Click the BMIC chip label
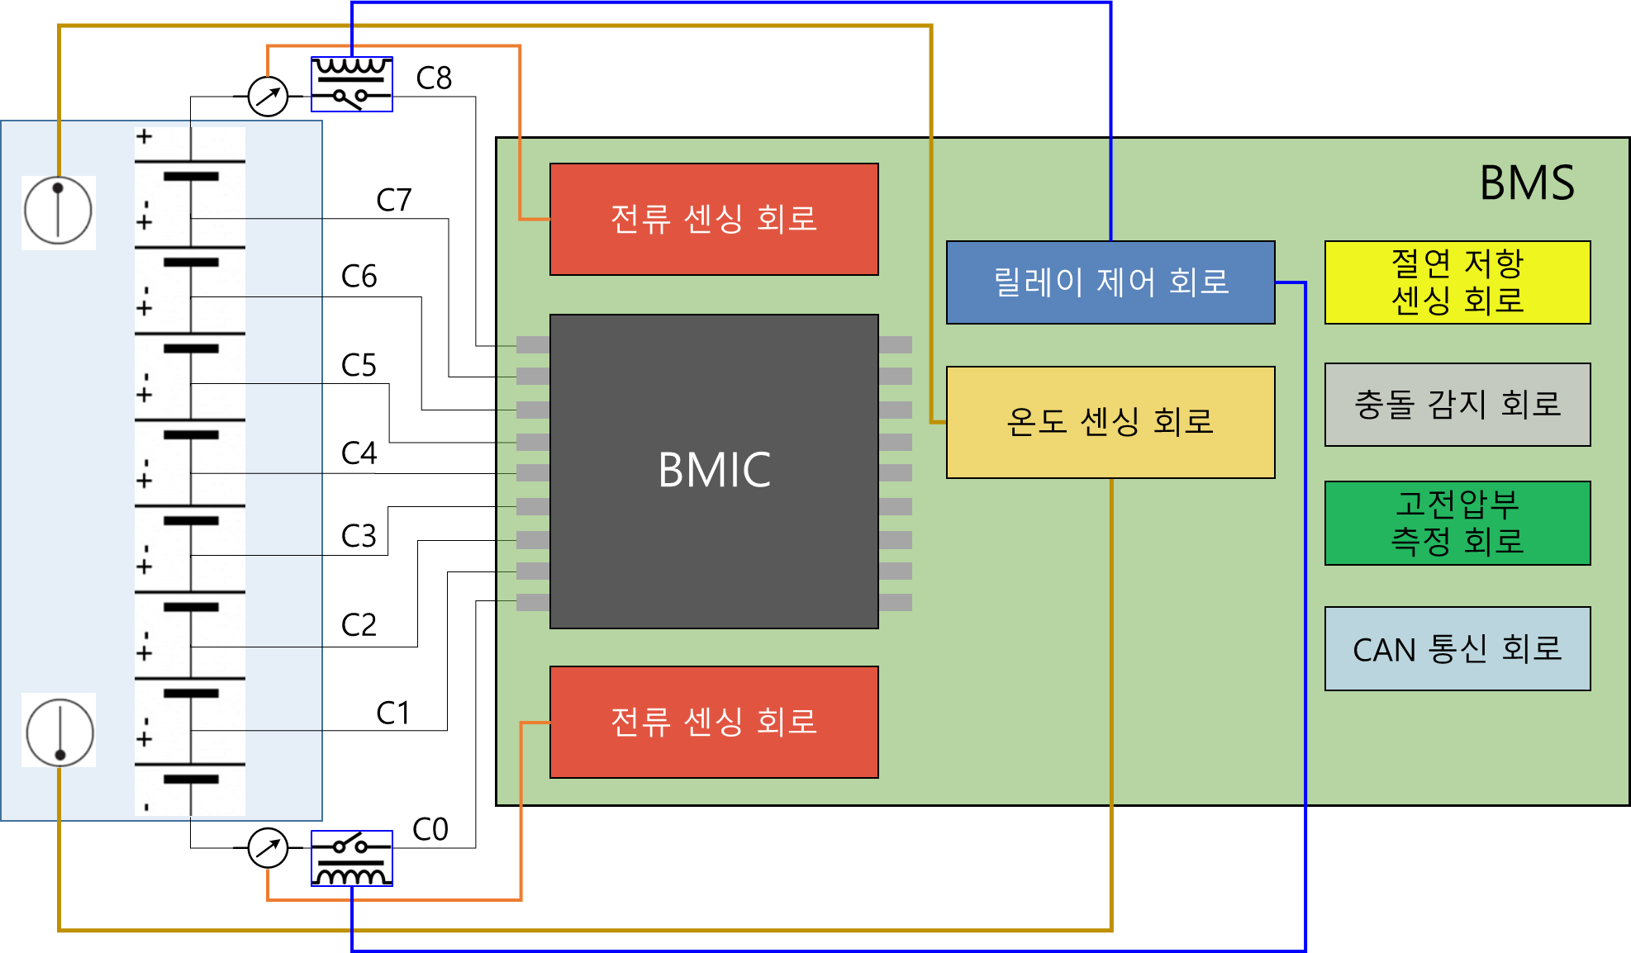pos(714,470)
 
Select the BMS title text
pos(1526,183)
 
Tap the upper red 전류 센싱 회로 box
pos(714,219)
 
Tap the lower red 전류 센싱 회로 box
pos(714,722)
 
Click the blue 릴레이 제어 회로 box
pos(1110,282)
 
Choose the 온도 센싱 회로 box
pos(1110,422)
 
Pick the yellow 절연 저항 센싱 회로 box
pos(1457,282)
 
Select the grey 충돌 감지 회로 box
pos(1457,405)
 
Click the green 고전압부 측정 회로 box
pos(1457,523)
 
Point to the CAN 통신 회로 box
pos(1457,648)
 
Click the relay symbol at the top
pos(351,84)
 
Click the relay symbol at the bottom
pos(351,858)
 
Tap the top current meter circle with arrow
pos(268,97)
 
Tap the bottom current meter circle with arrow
pos(268,848)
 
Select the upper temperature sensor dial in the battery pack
pos(58,212)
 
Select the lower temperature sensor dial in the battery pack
pos(59,731)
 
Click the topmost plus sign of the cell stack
pos(144,136)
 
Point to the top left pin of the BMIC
pos(532,344)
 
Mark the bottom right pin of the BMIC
pos(896,602)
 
